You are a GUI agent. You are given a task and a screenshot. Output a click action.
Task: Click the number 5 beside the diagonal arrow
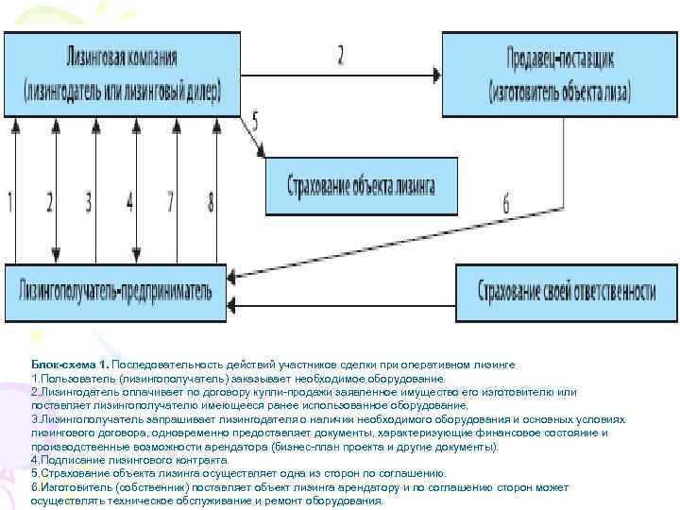pyautogui.click(x=254, y=119)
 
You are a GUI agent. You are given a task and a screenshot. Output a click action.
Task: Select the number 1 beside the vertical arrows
pyautogui.click(x=10, y=201)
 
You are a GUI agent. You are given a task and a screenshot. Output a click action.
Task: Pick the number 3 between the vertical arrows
pyautogui.click(x=89, y=201)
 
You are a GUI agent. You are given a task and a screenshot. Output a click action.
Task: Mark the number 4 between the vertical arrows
pyautogui.click(x=130, y=201)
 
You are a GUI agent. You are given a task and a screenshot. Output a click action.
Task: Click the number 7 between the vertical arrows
pyautogui.click(x=170, y=201)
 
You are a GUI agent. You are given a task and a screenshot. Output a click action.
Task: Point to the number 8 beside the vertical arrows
pyautogui.click(x=211, y=201)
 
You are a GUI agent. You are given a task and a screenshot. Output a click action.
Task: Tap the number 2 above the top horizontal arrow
pyautogui.click(x=341, y=54)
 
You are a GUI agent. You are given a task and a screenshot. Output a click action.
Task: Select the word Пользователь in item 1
pyautogui.click(x=77, y=377)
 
